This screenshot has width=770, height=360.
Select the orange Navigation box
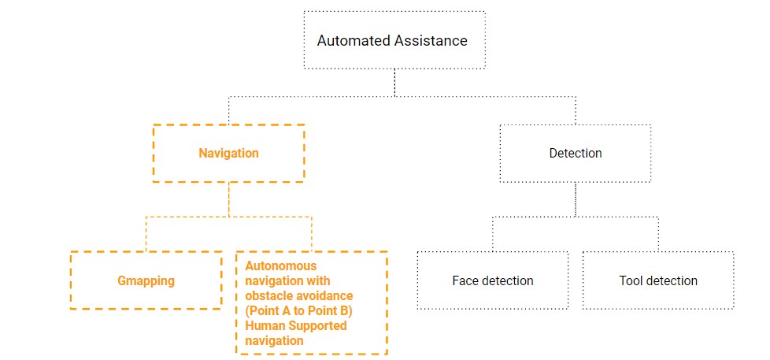click(228, 153)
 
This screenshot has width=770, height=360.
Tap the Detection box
click(575, 153)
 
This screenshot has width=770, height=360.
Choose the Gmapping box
click(146, 280)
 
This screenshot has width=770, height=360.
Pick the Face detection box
click(492, 280)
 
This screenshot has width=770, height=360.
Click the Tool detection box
click(657, 280)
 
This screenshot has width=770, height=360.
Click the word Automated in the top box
click(349, 40)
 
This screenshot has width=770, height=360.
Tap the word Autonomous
click(281, 266)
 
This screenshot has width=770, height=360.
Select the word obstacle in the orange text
click(268, 296)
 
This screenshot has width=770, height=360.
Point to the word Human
click(264, 326)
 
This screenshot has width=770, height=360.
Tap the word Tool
click(631, 281)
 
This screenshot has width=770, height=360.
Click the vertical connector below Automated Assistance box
click(394, 82)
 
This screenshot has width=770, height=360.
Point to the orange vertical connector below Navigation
click(228, 199)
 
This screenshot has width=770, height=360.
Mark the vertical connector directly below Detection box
click(576, 200)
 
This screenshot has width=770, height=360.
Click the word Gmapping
click(146, 281)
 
